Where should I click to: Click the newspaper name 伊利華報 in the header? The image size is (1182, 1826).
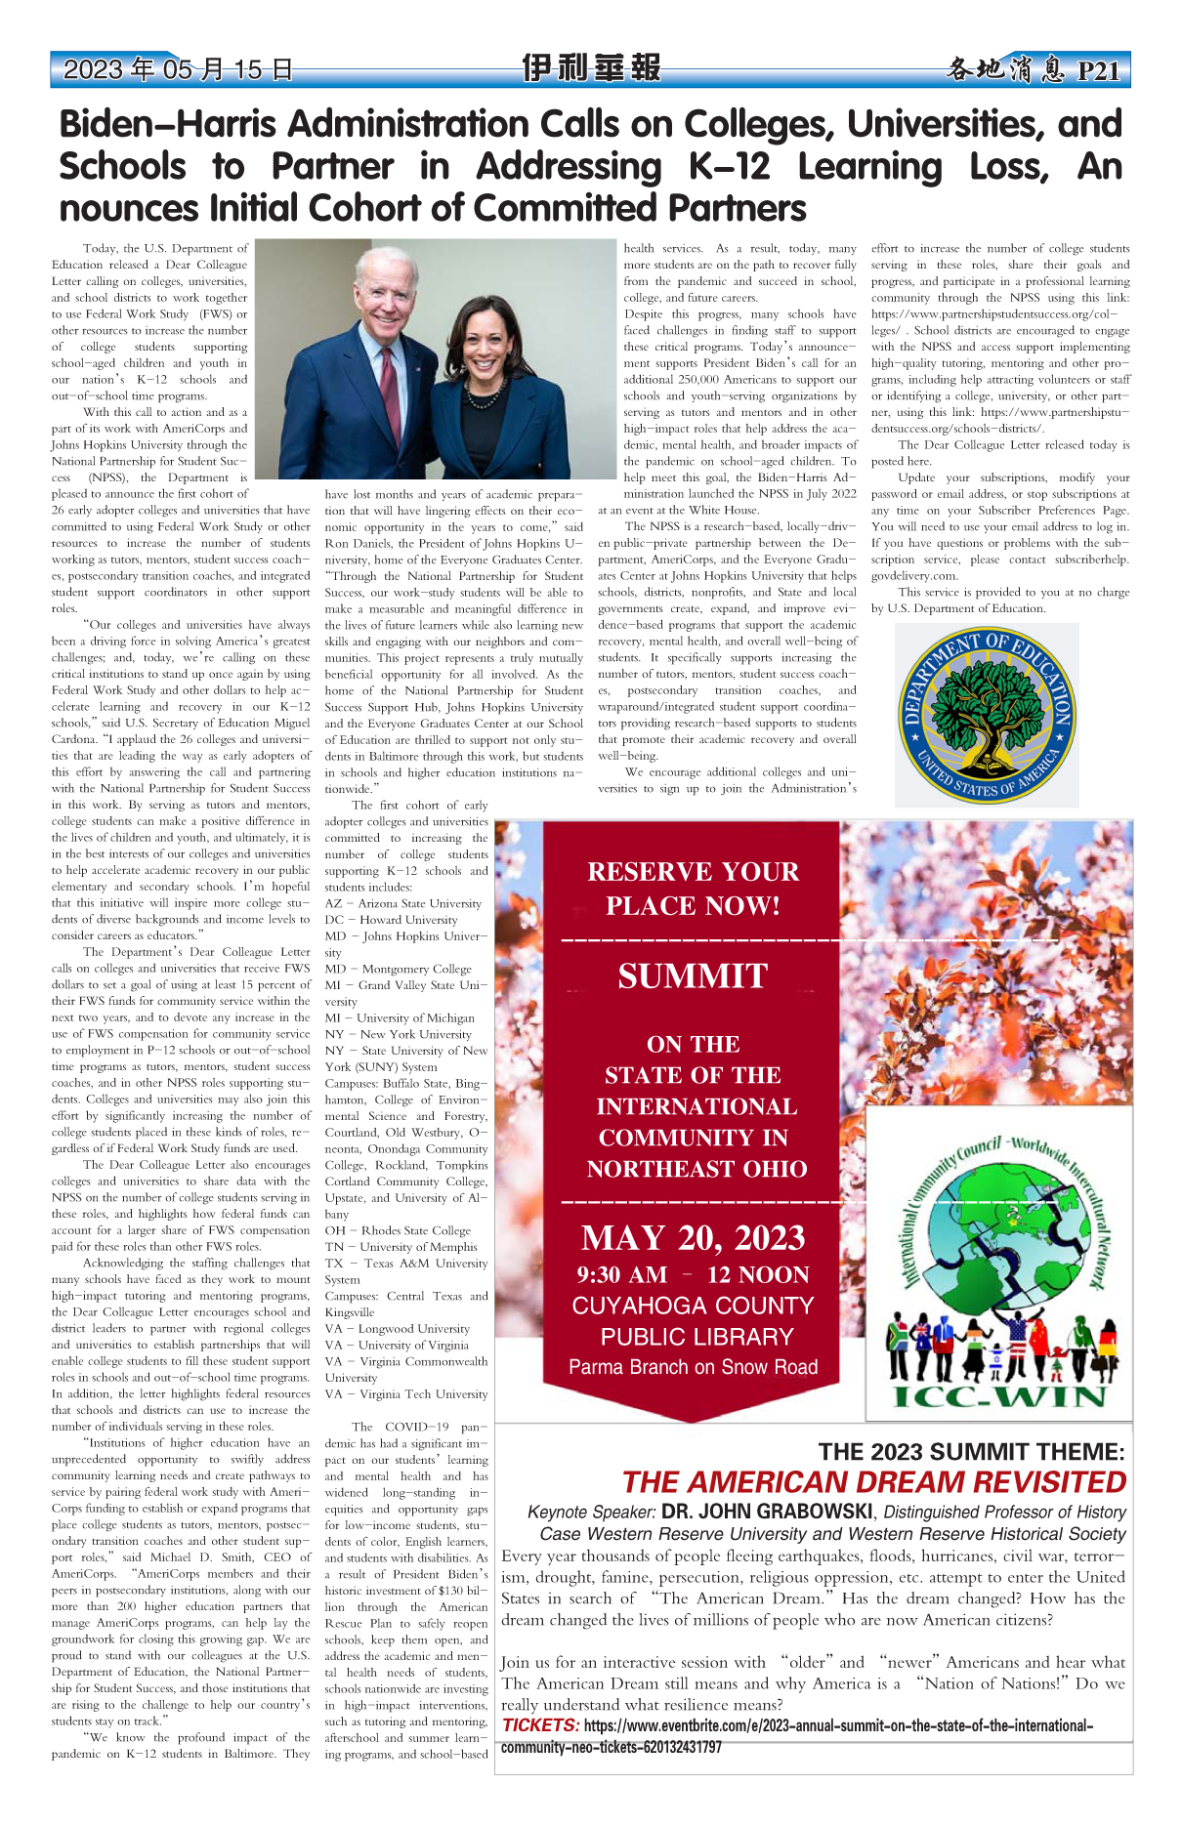591,68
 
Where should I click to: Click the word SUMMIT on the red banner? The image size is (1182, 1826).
693,976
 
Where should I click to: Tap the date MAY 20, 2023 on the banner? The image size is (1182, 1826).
693,1237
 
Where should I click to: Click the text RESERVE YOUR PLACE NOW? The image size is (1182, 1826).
693,889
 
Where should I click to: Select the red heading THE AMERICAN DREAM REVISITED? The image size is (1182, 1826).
873,1482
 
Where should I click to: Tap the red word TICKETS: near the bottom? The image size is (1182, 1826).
540,1725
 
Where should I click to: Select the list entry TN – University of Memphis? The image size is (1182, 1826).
401,1247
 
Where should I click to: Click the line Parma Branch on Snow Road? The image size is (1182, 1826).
693,1367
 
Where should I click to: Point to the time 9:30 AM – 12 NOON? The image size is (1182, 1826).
693,1274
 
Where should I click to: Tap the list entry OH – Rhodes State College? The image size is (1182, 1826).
398,1230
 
